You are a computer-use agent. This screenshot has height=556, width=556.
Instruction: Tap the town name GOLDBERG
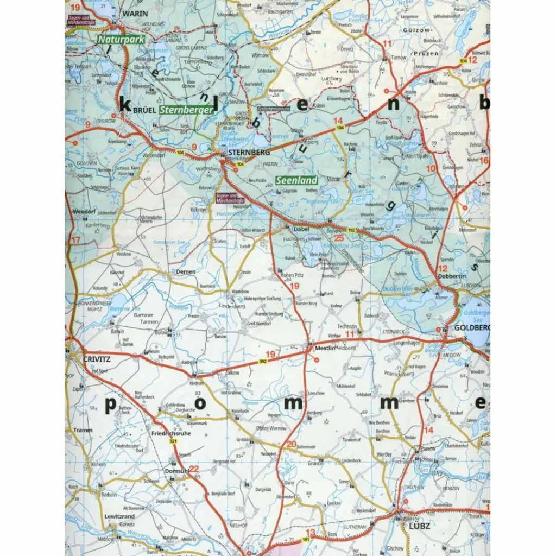[x=471, y=328]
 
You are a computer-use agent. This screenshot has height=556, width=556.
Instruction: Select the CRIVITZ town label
[x=97, y=358]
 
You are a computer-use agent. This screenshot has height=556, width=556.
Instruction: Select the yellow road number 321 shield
[x=173, y=443]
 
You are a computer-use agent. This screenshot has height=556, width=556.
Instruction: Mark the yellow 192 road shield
[x=352, y=230]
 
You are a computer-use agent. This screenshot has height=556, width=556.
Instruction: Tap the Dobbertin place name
[x=449, y=276]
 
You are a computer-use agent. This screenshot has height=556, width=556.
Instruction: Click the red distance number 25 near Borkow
[x=339, y=237]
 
